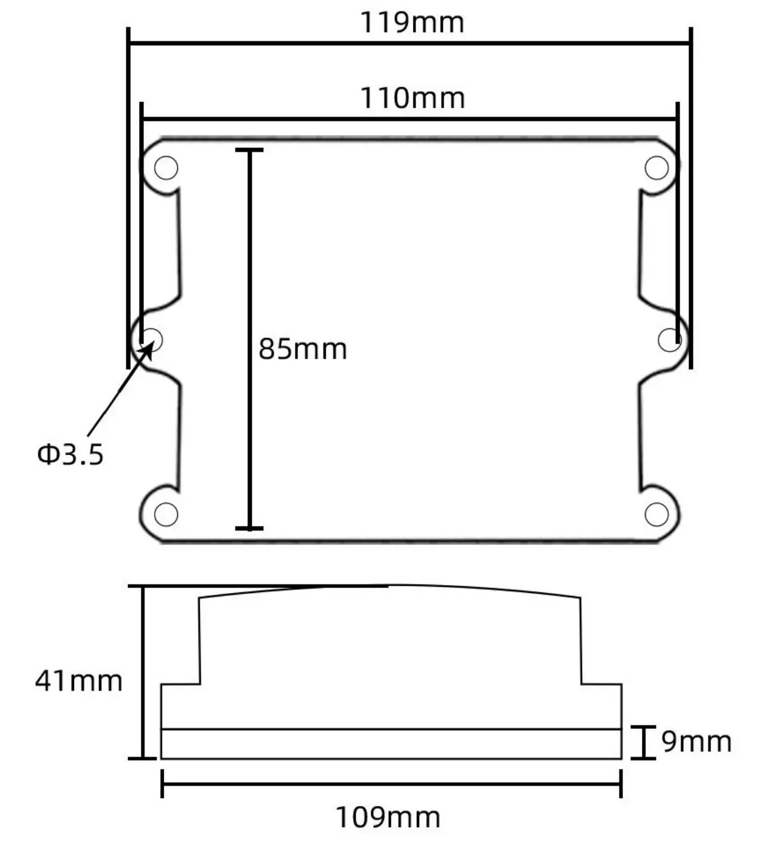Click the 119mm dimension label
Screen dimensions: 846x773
412,23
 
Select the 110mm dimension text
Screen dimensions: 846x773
413,98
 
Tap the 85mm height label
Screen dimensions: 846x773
303,350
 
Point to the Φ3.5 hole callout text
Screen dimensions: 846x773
70,454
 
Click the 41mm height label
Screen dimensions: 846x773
79,681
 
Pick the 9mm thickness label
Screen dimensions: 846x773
696,742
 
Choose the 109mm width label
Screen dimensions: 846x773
388,817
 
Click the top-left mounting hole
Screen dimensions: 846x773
166,168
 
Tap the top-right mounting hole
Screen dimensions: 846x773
657,168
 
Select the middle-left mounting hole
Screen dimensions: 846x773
152,339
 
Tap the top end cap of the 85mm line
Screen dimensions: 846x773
249,149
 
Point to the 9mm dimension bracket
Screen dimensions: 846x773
643,742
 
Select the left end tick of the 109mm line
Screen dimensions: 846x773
162,783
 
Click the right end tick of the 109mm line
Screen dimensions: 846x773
621,783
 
